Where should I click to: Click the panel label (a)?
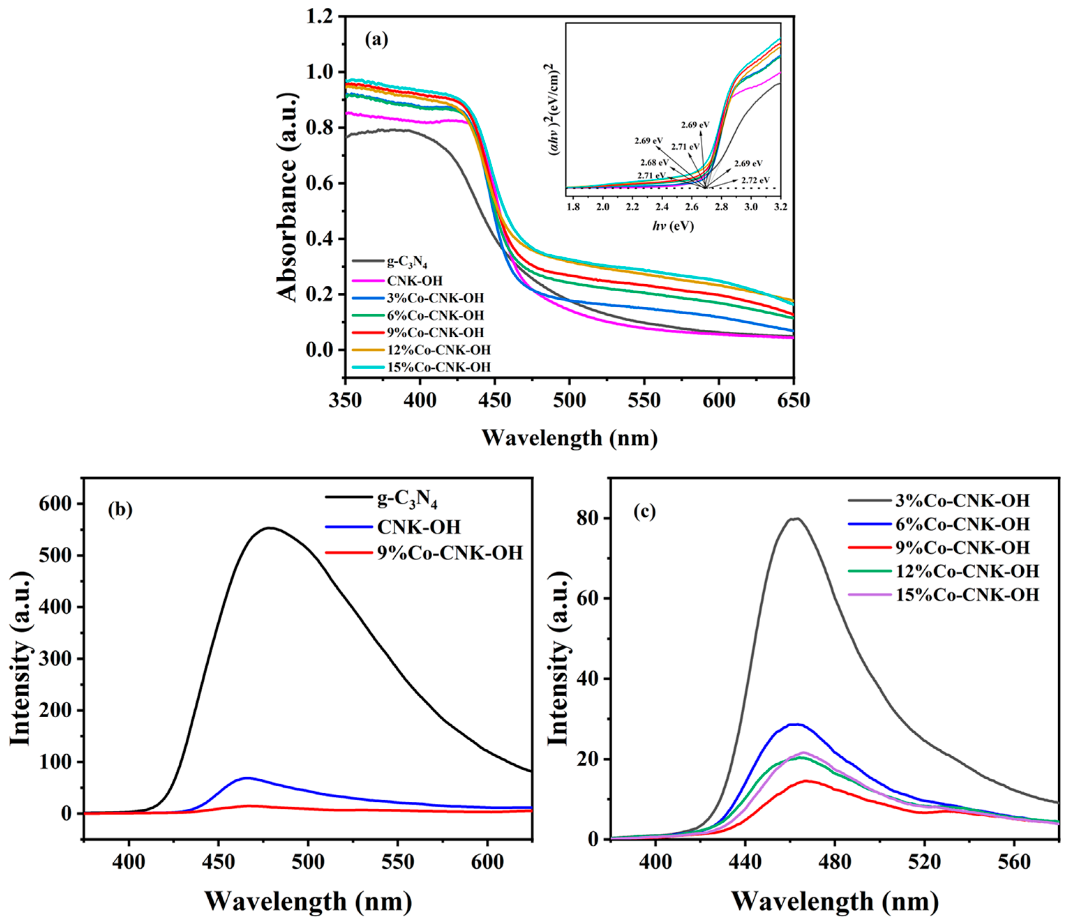376,40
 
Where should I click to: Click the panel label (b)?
120,509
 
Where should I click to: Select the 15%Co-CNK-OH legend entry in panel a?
438,367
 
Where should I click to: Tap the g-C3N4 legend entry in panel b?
407,499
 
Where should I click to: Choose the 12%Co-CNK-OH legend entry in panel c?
967,571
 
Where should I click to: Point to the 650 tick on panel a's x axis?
793,400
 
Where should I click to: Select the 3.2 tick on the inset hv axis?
780,207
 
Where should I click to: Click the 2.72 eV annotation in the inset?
755,180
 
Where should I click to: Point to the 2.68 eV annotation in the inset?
654,163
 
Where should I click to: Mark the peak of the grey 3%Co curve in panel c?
796,518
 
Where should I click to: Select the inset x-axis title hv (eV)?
673,226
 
